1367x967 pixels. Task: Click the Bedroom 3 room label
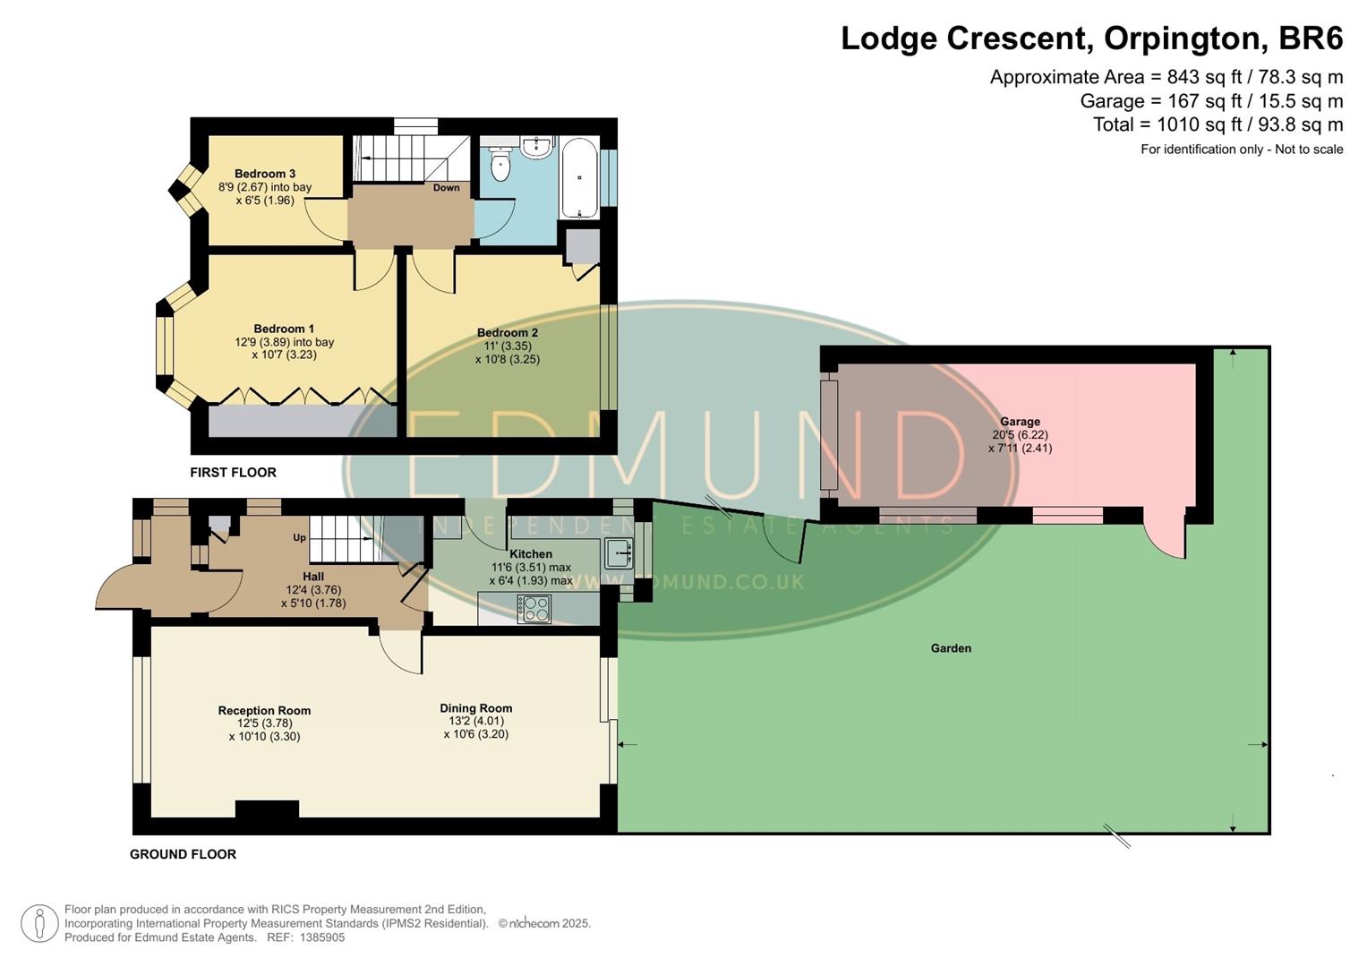pyautogui.click(x=265, y=174)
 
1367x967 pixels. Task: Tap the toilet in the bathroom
pyautogui.click(x=500, y=164)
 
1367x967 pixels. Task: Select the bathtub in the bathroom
pyautogui.click(x=580, y=177)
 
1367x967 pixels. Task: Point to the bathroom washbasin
pyautogui.click(x=538, y=147)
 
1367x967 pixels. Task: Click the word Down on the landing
pyautogui.click(x=446, y=188)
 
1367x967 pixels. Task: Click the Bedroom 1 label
pyautogui.click(x=284, y=329)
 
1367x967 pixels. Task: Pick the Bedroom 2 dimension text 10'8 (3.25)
pyautogui.click(x=507, y=359)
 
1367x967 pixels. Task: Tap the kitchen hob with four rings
pyautogui.click(x=534, y=609)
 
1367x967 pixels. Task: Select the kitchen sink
pyautogui.click(x=618, y=554)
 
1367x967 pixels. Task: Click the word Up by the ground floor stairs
pyautogui.click(x=300, y=538)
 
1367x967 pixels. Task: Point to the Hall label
pyautogui.click(x=313, y=577)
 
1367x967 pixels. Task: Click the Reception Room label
pyautogui.click(x=264, y=711)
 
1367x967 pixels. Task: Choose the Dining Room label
pyautogui.click(x=475, y=708)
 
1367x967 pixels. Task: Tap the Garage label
pyautogui.click(x=1020, y=422)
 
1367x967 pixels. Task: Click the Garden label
pyautogui.click(x=951, y=648)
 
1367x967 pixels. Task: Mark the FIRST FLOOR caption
pyautogui.click(x=233, y=473)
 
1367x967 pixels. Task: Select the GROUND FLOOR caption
pyautogui.click(x=183, y=854)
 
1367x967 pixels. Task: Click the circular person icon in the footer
pyautogui.click(x=39, y=923)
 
